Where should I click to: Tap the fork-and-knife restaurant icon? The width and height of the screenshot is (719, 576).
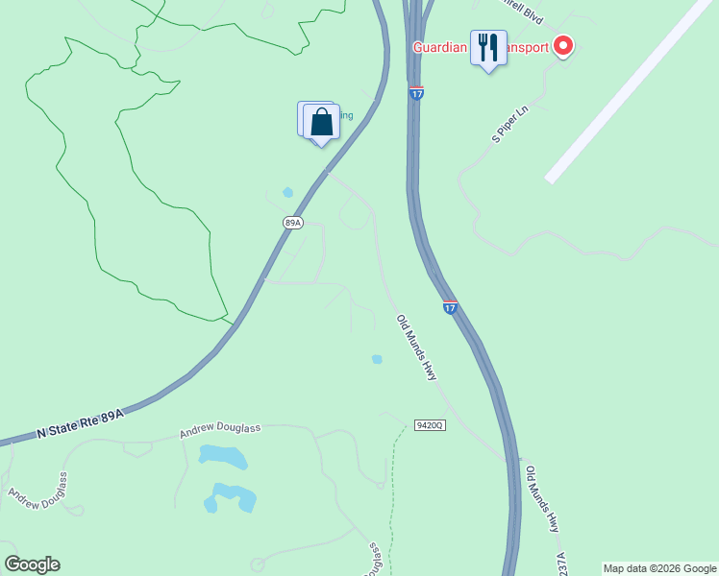coord(488,47)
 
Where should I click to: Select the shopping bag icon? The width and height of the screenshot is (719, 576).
coord(321,122)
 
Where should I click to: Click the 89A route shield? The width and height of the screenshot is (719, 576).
coord(293,223)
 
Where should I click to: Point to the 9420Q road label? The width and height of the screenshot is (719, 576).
coord(430,424)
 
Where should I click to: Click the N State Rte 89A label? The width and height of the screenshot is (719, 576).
coord(82,423)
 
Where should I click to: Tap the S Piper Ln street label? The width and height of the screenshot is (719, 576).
coord(510,125)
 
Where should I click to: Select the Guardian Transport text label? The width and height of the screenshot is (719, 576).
coord(480,47)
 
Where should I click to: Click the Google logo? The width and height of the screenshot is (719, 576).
coord(32,564)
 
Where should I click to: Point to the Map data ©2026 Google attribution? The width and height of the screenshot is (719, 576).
coord(659,568)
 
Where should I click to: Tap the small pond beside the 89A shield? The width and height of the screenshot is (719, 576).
coord(287,192)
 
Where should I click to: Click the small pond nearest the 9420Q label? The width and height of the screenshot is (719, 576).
coord(377,359)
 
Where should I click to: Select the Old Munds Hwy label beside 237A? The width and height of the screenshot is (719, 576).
coord(541,499)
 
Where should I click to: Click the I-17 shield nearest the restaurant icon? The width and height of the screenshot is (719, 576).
coord(416,93)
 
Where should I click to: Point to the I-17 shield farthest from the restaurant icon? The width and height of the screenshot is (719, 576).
coord(450,307)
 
